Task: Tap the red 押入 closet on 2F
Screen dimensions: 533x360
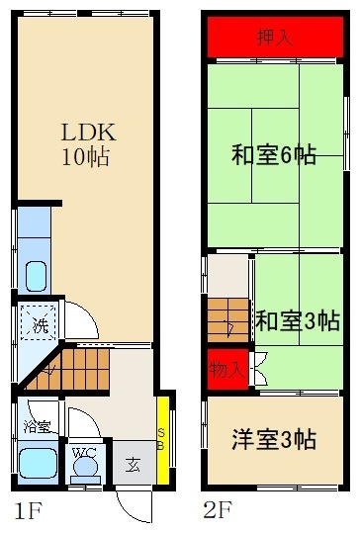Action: [274, 39]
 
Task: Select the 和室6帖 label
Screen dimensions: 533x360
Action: [274, 155]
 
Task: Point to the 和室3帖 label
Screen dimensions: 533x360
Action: [297, 320]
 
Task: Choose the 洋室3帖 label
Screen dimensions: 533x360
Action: [274, 440]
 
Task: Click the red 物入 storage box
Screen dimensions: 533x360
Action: [226, 369]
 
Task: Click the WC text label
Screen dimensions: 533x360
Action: [83, 453]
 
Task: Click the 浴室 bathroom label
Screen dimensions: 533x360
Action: [37, 428]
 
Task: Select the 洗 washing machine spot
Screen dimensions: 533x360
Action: [39, 323]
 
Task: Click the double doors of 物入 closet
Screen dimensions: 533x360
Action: [258, 369]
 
